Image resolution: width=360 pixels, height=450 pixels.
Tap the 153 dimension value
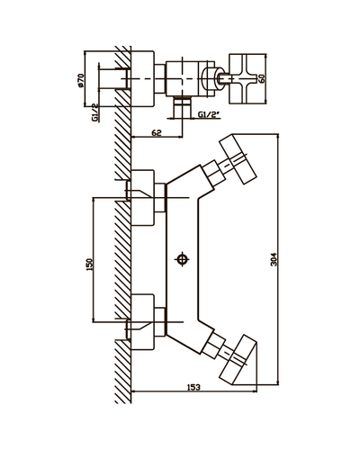(193, 387)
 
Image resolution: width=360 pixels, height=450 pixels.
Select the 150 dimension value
(90, 265)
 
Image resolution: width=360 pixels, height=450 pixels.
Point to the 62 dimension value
(157, 132)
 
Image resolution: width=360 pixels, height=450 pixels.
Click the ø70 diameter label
(80, 79)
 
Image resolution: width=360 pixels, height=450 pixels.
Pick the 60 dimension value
(262, 79)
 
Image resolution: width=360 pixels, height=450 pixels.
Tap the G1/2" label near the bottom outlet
(209, 114)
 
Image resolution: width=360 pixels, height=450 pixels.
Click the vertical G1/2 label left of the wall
(94, 112)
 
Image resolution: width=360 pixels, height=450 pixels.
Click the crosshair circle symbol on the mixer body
(183, 259)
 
